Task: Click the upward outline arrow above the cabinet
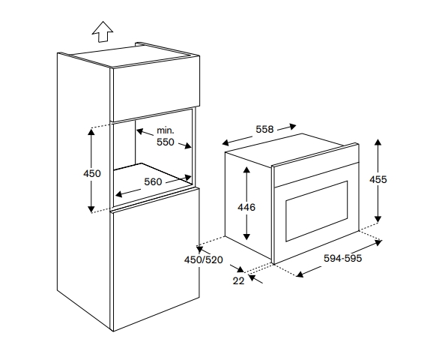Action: coord(103,31)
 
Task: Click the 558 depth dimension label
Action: coord(264,129)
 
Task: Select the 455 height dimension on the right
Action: coord(378,179)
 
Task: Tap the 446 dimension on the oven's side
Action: coord(246,207)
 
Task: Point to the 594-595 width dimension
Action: coord(342,258)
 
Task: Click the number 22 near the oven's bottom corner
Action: coord(238,281)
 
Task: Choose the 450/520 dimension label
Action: coord(204,259)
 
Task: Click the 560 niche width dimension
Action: coord(153,182)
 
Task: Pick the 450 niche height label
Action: coord(92,173)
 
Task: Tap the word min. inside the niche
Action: coord(166,130)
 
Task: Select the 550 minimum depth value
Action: coord(166,142)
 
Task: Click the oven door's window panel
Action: coord(317,211)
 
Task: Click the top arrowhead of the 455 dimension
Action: coord(378,142)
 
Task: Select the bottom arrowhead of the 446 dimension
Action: coord(246,236)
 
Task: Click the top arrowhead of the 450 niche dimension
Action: coord(91,132)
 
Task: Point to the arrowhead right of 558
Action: coord(292,127)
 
